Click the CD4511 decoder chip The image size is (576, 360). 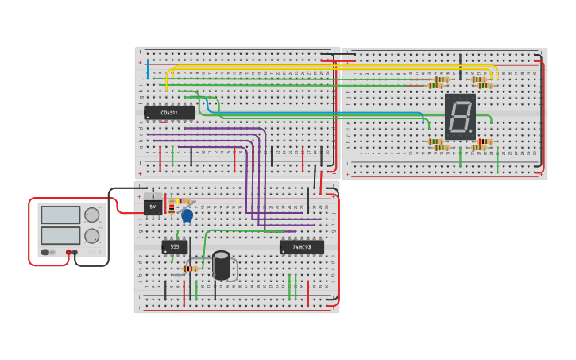tap(169, 113)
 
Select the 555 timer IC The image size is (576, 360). tap(175, 247)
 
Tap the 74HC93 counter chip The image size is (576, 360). tap(301, 247)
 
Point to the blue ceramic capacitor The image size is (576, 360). tap(187, 215)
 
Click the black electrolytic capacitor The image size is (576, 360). tap(222, 265)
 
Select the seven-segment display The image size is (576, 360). tap(460, 117)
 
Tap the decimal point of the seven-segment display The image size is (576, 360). tap(471, 132)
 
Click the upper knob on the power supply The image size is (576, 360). tap(92, 215)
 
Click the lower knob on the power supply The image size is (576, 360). tap(92, 236)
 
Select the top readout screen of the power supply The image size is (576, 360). tap(61, 215)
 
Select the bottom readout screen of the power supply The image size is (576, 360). tap(61, 236)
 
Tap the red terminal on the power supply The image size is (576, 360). tap(68, 253)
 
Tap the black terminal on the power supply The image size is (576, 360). tap(75, 253)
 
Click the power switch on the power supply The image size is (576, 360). tap(46, 253)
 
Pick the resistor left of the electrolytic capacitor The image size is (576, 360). tap(190, 269)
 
